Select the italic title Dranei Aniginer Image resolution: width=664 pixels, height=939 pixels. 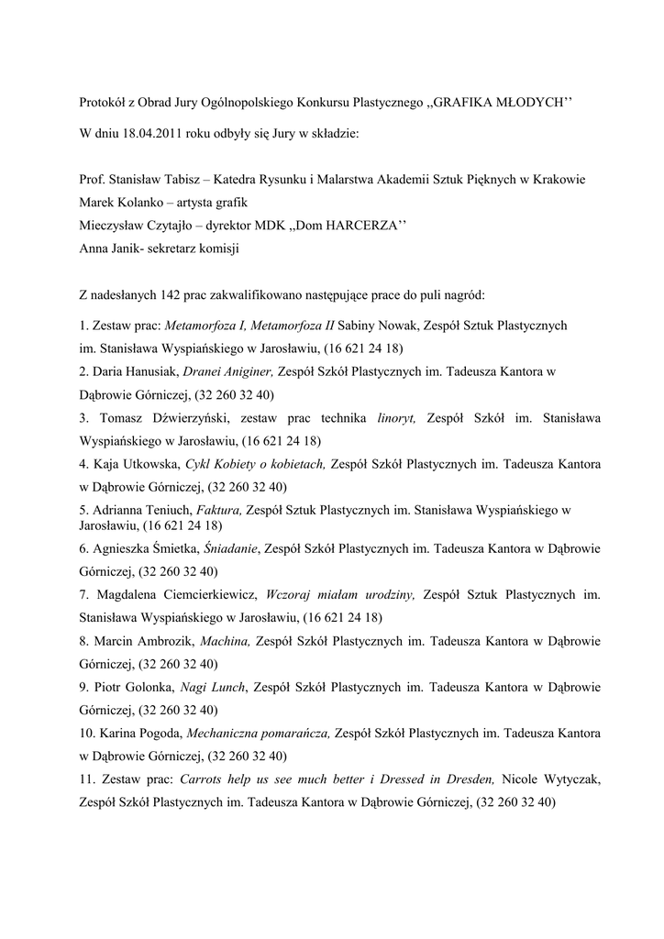tap(228, 371)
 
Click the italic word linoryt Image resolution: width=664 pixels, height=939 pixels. tap(396, 418)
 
